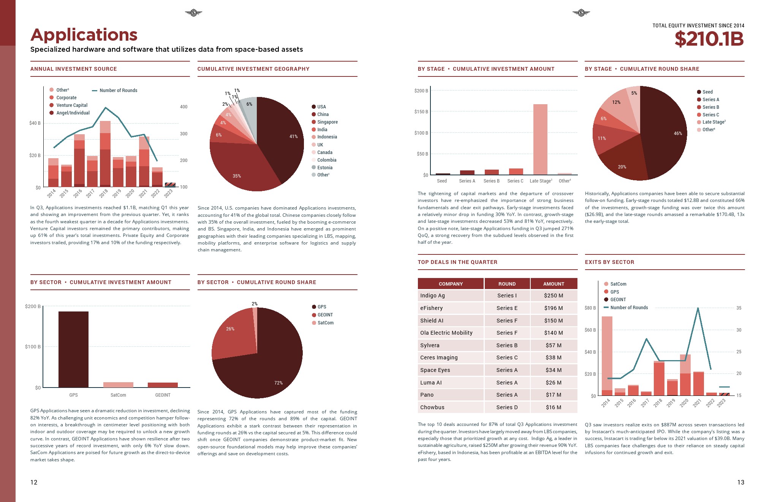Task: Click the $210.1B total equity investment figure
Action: point(709,39)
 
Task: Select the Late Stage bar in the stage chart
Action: point(540,139)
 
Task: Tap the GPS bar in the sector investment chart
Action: point(73,349)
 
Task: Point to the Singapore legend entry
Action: point(327,122)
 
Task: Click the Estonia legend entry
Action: point(324,168)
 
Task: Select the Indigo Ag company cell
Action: point(451,295)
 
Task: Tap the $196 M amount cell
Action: point(554,308)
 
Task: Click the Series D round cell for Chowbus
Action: point(507,407)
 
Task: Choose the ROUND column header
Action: point(507,284)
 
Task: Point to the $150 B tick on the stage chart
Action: point(421,112)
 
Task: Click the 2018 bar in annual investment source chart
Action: point(105,154)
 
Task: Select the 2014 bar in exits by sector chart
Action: point(607,356)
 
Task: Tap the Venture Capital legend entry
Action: point(72,105)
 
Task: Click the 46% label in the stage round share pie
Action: point(678,133)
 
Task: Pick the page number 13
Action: point(740,482)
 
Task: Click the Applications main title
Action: point(84,35)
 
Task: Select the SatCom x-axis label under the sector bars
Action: point(118,395)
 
